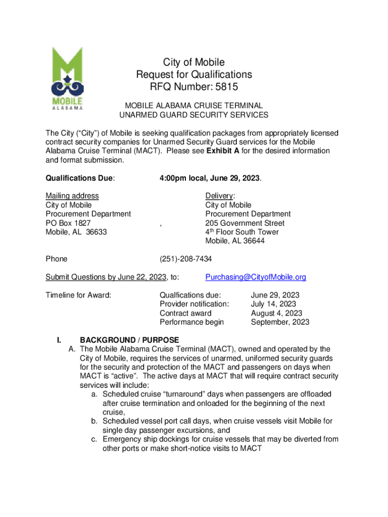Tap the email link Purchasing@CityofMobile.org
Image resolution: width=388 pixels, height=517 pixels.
pyautogui.click(x=255, y=277)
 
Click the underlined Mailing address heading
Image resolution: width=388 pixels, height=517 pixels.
pyautogui.click(x=72, y=196)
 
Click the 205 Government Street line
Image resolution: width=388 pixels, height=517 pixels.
pyautogui.click(x=245, y=223)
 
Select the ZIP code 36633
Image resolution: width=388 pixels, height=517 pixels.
pyautogui.click(x=97, y=232)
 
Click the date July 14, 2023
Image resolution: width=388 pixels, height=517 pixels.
pyautogui.click(x=273, y=304)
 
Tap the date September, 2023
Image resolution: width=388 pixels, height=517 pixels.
pyautogui.click(x=280, y=322)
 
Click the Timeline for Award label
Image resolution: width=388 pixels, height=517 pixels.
pyautogui.click(x=78, y=295)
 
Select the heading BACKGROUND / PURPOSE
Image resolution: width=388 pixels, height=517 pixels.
pyautogui.click(x=129, y=340)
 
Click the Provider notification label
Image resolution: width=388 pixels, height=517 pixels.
pyautogui.click(x=194, y=304)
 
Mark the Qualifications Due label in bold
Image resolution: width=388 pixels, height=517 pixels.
pyautogui.click(x=80, y=178)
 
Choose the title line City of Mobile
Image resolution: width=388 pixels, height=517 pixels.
pyautogui.click(x=193, y=63)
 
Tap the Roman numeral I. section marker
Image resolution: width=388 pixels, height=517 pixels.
pyautogui.click(x=58, y=340)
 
